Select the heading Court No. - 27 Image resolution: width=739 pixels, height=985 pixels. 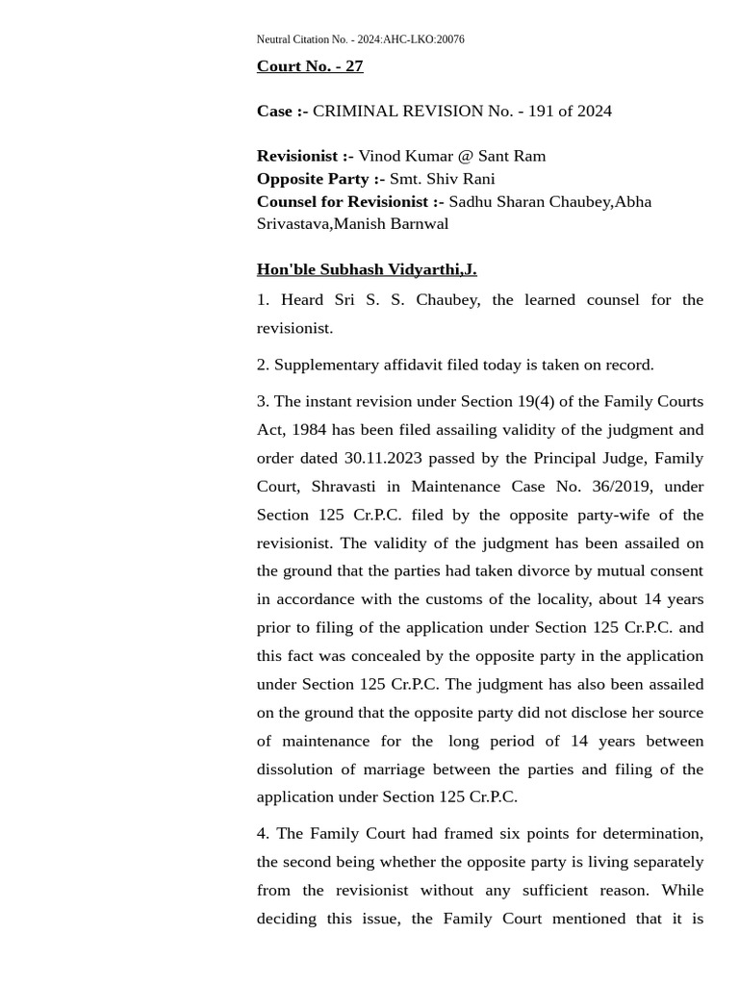[x=310, y=66]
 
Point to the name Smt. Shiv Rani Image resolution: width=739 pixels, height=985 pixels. [x=442, y=179]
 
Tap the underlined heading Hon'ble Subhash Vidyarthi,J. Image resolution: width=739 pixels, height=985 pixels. [x=367, y=269]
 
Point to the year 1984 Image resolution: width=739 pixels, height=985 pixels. [x=309, y=430]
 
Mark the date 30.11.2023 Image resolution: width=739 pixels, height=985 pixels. [x=383, y=458]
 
